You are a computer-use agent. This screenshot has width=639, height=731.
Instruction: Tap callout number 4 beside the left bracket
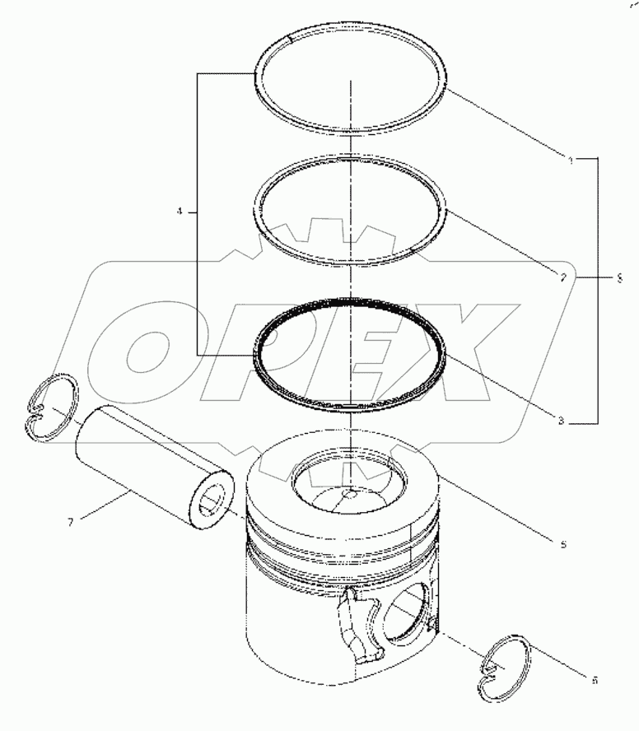pyautogui.click(x=179, y=212)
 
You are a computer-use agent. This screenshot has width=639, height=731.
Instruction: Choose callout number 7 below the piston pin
pyautogui.click(x=70, y=522)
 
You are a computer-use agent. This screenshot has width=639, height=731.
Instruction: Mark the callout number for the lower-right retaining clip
pyautogui.click(x=595, y=680)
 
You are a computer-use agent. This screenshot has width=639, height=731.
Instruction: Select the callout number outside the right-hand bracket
pyautogui.click(x=619, y=278)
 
